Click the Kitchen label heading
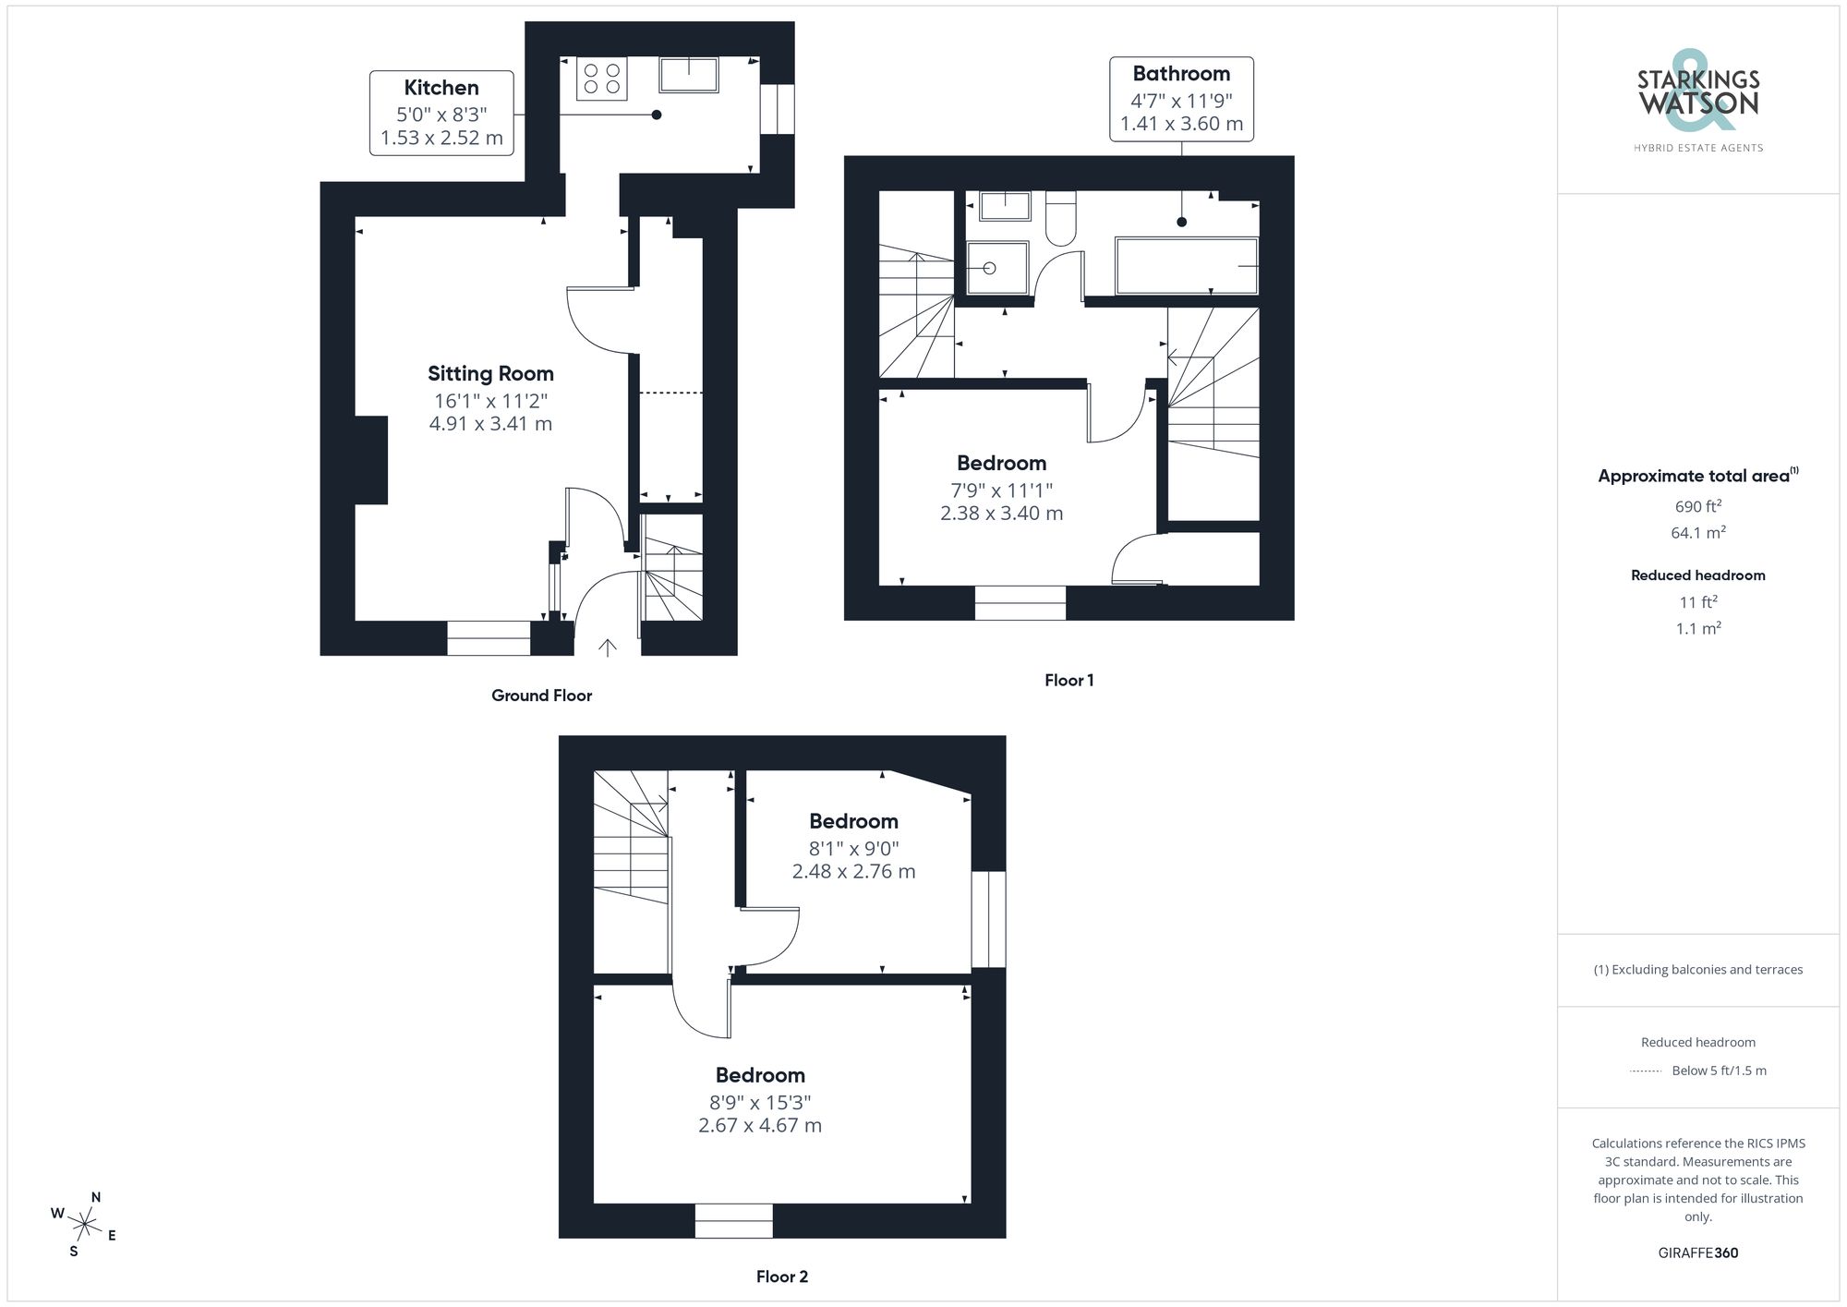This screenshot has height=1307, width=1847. point(441,88)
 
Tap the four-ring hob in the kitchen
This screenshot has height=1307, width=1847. point(602,78)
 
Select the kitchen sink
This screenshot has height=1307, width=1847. point(689,75)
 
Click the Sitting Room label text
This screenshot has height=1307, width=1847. point(490,374)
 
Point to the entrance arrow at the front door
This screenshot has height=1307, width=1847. point(607,647)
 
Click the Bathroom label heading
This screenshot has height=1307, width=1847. point(1181,74)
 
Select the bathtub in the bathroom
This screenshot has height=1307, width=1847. point(1187,266)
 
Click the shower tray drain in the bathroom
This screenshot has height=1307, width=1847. point(989,269)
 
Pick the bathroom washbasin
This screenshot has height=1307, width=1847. point(1005,206)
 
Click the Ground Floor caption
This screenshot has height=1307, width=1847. point(541,696)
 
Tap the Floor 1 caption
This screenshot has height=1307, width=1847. point(1068,681)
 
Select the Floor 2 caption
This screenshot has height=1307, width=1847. point(781,1277)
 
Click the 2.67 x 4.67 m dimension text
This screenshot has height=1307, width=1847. point(760,1125)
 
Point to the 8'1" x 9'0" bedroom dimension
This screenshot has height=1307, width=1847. point(853,848)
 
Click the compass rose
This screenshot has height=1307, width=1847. point(84,1226)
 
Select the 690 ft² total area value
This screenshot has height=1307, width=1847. point(1697,506)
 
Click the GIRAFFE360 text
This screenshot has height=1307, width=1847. point(1697,1253)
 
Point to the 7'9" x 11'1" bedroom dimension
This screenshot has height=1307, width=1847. point(1001,490)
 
